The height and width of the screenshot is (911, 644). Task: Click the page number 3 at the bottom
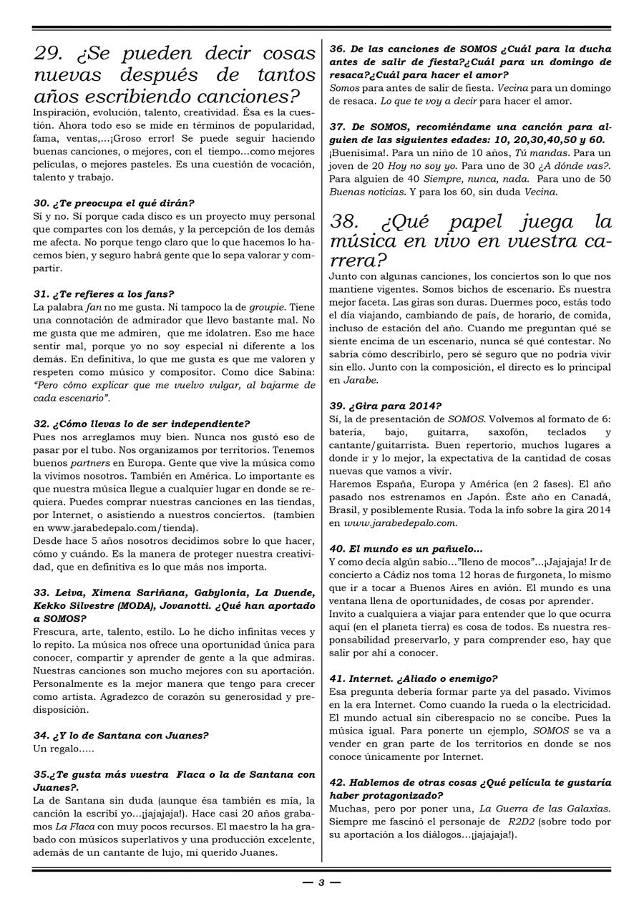321,882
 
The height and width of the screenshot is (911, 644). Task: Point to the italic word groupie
266,307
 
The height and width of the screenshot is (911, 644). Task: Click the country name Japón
487,497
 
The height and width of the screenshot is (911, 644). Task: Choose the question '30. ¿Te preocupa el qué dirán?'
114,203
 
